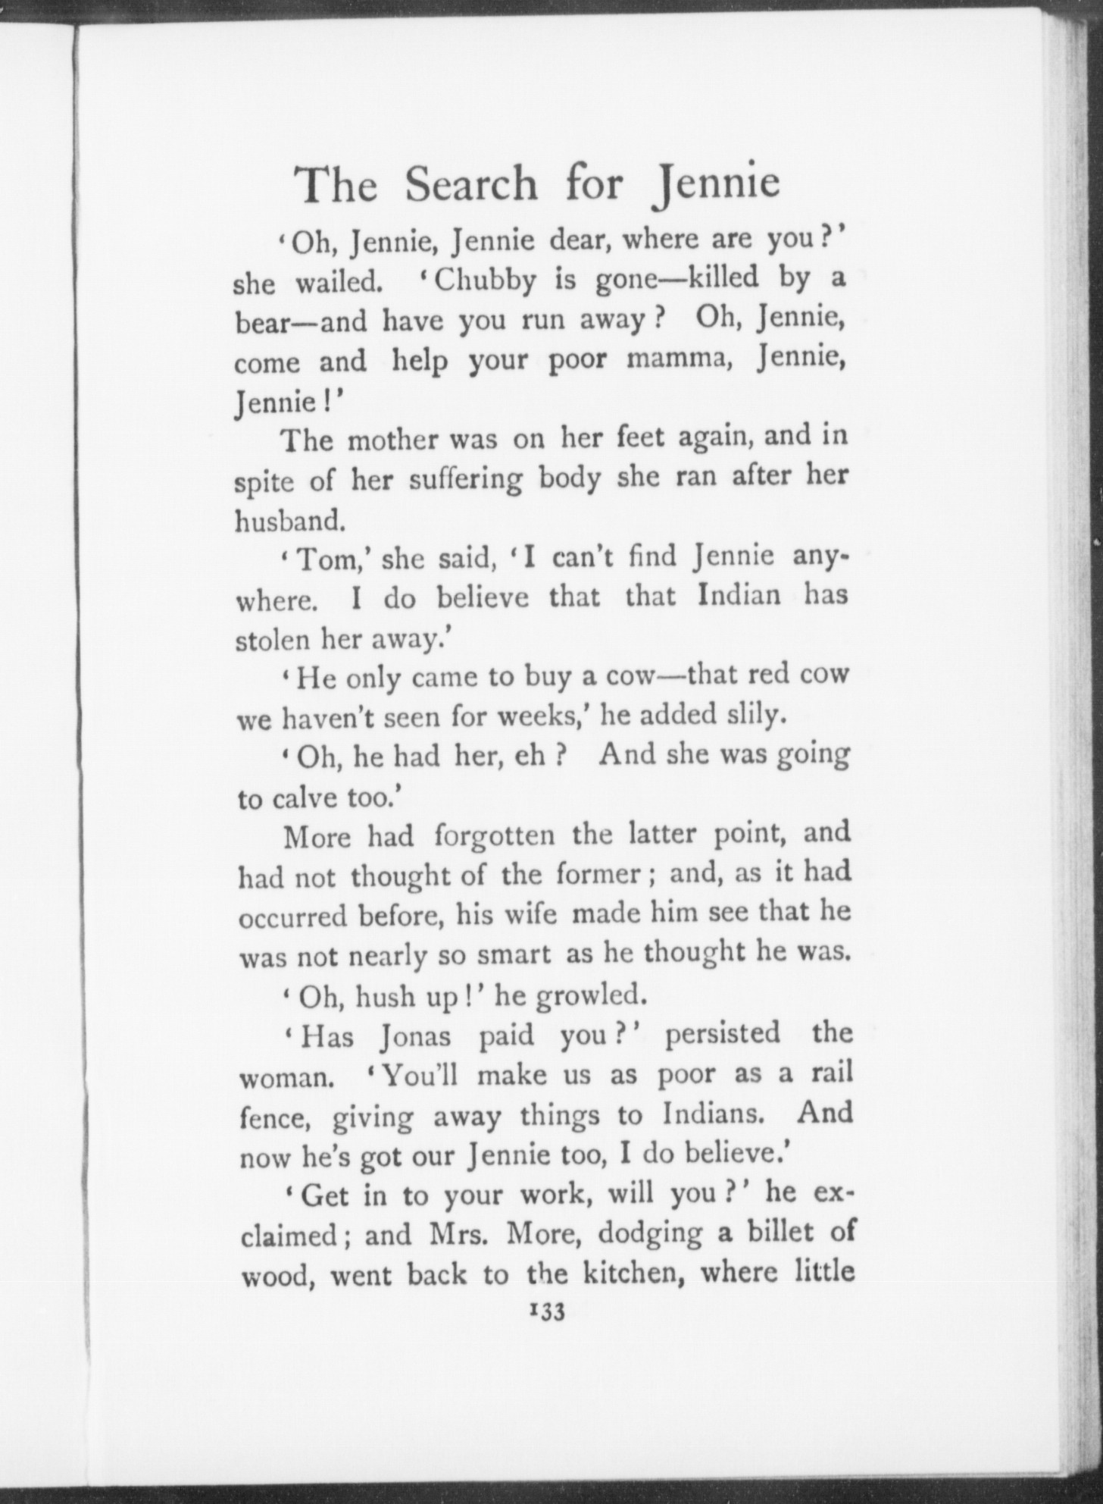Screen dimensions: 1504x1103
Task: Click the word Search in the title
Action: [x=470, y=184]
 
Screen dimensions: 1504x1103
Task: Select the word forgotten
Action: [x=495, y=836]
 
